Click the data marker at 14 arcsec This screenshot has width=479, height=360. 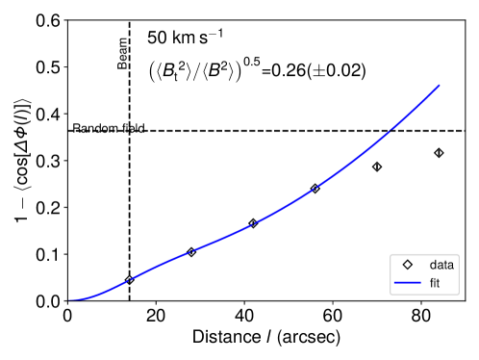pyautogui.click(x=129, y=279)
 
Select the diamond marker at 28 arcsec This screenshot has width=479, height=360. pyautogui.click(x=191, y=252)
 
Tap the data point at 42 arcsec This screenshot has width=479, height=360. pyautogui.click(x=253, y=223)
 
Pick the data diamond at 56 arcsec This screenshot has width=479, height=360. pyautogui.click(x=315, y=189)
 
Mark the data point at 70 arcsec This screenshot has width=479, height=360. pyautogui.click(x=377, y=167)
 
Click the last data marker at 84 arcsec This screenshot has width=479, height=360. pyautogui.click(x=439, y=153)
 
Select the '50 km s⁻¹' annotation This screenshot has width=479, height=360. pyautogui.click(x=185, y=39)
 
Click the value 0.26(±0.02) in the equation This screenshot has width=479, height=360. pyautogui.click(x=316, y=70)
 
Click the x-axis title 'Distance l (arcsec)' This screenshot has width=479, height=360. pyautogui.click(x=265, y=338)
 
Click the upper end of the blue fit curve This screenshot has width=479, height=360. pyautogui.click(x=439, y=86)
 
